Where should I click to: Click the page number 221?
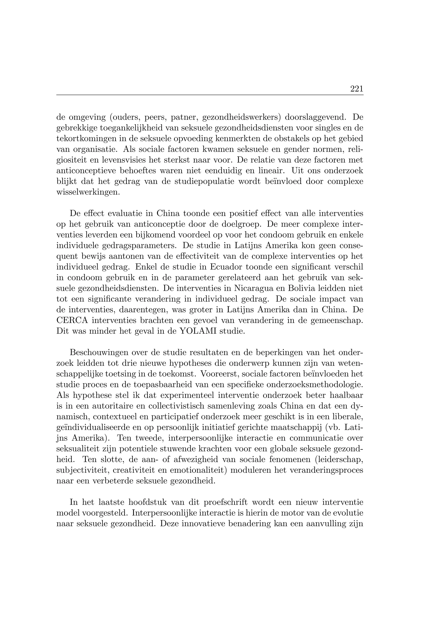click(356, 89)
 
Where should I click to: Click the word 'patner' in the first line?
click(184, 117)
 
